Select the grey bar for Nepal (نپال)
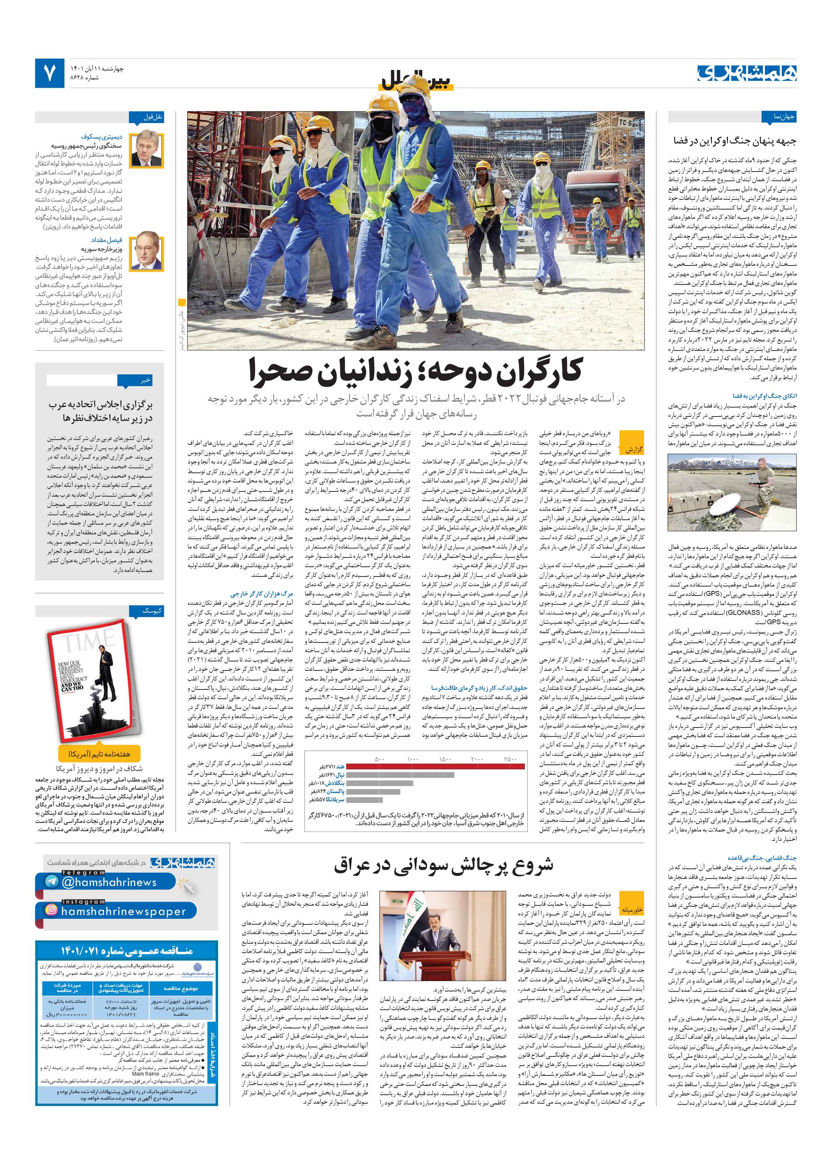[x=383, y=774]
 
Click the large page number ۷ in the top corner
[x=50, y=73]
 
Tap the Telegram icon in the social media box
[x=51, y=882]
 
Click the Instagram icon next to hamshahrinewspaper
[x=51, y=911]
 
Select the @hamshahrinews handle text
[x=109, y=882]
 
